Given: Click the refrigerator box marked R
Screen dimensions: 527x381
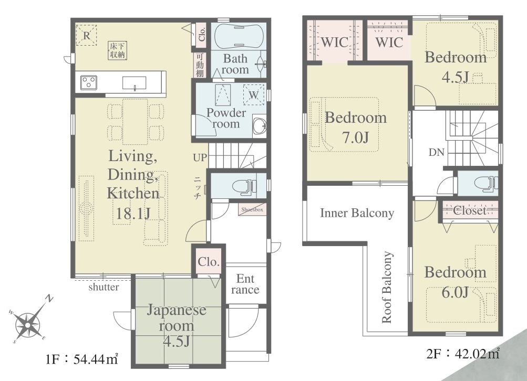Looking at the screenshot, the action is click(86, 35).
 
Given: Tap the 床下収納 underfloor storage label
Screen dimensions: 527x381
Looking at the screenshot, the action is click(118, 50).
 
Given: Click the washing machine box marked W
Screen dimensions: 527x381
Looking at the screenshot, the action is click(253, 94).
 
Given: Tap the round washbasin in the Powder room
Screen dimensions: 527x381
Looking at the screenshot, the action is click(259, 126).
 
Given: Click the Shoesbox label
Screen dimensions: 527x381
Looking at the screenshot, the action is click(252, 209).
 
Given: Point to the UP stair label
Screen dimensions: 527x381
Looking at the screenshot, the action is click(200, 157).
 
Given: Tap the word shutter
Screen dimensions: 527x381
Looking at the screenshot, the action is click(104, 287).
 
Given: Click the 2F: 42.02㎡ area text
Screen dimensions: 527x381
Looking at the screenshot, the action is click(463, 354).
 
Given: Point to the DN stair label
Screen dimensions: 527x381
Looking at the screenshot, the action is click(437, 152).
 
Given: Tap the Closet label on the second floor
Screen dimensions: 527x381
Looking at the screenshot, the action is click(470, 211).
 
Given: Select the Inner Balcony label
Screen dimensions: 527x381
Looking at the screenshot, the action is click(357, 213).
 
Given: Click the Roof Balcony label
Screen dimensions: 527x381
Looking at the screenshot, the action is click(387, 288).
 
